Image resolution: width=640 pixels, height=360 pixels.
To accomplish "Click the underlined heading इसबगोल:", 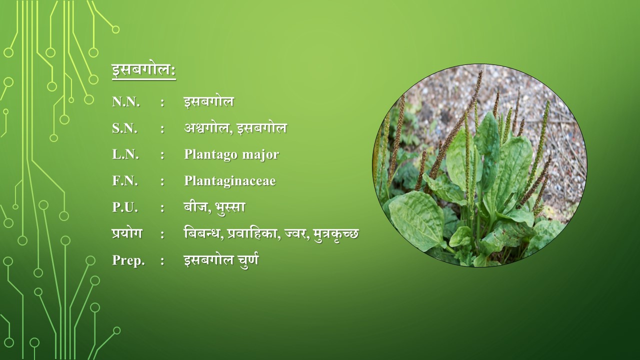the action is click(143, 71).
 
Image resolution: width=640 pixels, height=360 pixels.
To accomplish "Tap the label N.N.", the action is click(126, 101).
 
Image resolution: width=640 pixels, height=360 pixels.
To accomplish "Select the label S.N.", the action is click(124, 128).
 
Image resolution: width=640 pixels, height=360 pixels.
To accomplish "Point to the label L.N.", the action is click(125, 154).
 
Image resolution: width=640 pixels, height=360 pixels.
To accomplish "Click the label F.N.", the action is click(125, 181).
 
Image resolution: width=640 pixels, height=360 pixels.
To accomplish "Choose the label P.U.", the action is click(125, 207).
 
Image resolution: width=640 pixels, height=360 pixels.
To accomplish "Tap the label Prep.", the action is click(128, 260).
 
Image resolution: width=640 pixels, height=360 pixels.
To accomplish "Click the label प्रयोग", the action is click(127, 233).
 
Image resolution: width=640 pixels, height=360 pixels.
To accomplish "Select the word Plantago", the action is click(211, 155).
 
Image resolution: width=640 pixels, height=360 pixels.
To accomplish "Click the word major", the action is click(260, 155).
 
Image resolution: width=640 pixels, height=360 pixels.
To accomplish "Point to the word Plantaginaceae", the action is click(229, 181).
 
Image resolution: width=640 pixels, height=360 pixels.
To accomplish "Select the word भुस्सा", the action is click(230, 207).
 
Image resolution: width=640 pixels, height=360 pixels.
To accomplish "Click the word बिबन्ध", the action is click(203, 233).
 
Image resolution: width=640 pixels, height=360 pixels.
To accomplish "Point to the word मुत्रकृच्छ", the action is click(335, 234).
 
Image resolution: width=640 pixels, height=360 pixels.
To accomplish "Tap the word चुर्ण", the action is click(248, 260).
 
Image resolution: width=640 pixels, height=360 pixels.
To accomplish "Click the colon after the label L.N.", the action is click(162, 155).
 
